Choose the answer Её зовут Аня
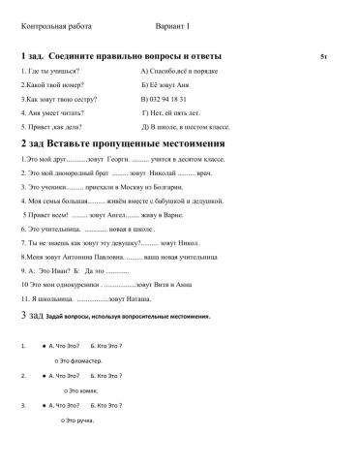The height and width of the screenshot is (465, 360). [169, 85]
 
